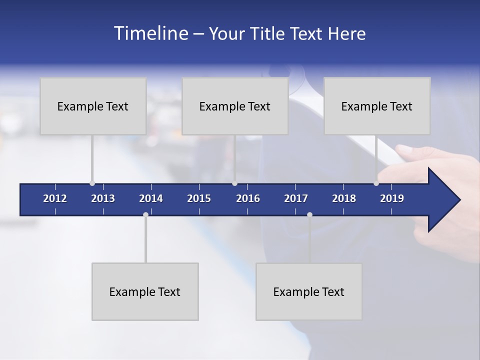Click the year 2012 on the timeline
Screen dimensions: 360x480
[x=55, y=198]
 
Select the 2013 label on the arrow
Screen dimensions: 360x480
[x=103, y=198]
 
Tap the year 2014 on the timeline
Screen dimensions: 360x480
[x=151, y=198]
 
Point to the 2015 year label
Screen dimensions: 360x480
[x=199, y=198]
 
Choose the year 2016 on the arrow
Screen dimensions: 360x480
[x=248, y=198]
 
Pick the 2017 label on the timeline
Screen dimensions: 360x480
[x=296, y=198]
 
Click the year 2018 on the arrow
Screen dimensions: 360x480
[x=344, y=198]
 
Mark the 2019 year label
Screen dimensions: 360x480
[x=392, y=198]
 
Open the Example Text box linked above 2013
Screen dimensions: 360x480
[x=93, y=106]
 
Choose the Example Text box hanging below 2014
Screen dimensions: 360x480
[x=145, y=291]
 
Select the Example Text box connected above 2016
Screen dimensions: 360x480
[x=235, y=106]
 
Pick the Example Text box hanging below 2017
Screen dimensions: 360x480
[x=309, y=291]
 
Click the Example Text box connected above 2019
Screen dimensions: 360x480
[x=377, y=106]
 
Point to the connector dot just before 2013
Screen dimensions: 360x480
[x=92, y=183]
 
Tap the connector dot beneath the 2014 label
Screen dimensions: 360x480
[x=145, y=215]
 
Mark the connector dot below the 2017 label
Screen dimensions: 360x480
[x=309, y=215]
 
